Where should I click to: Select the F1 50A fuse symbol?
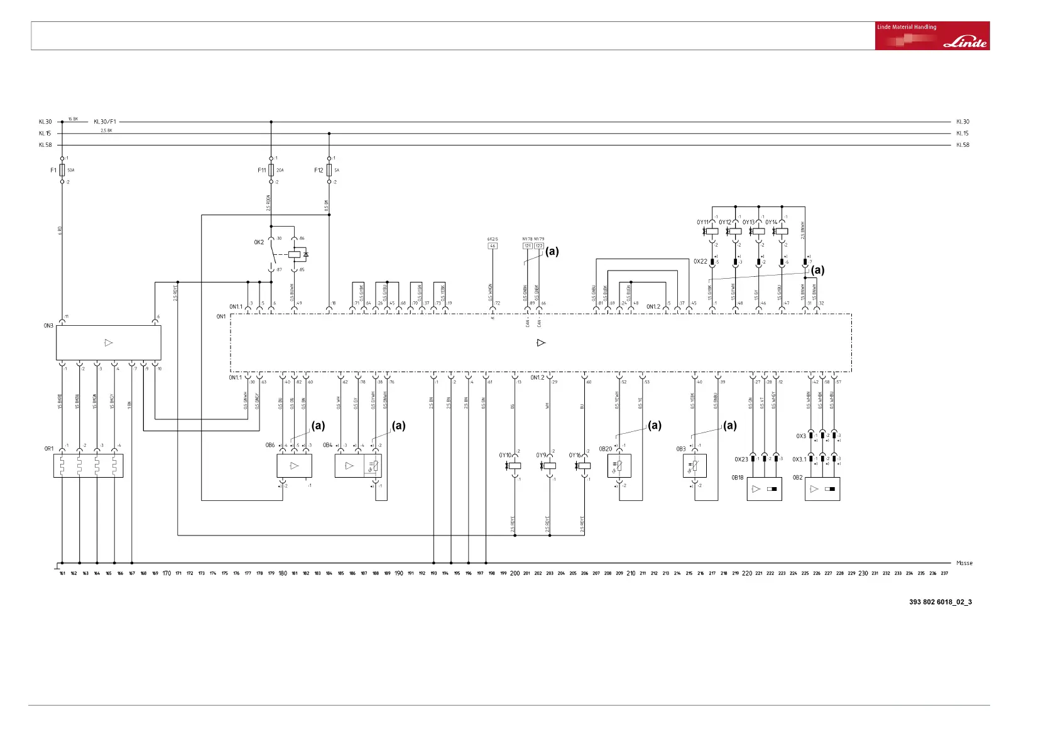pos(62,170)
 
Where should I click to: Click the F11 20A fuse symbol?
pos(271,170)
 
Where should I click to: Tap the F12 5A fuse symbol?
pos(329,170)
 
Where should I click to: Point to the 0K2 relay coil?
pos(295,255)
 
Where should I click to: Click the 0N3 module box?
pos(109,343)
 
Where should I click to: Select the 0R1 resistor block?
pos(88,466)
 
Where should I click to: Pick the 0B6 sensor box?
pos(294,466)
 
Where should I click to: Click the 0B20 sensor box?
pos(619,466)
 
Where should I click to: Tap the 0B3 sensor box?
pos(694,466)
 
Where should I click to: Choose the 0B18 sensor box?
pos(764,489)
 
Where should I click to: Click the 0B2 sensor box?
pos(822,489)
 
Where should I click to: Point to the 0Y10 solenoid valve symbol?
pos(515,466)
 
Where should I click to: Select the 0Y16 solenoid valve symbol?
pos(584,466)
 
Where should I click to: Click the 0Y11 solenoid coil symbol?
pos(712,231)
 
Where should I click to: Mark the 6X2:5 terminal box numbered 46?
pos(493,246)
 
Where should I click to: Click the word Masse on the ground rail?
pos(964,563)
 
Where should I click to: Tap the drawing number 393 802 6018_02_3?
pos(940,602)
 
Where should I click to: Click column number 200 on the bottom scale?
pos(515,573)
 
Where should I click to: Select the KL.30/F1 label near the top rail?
pos(105,122)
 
